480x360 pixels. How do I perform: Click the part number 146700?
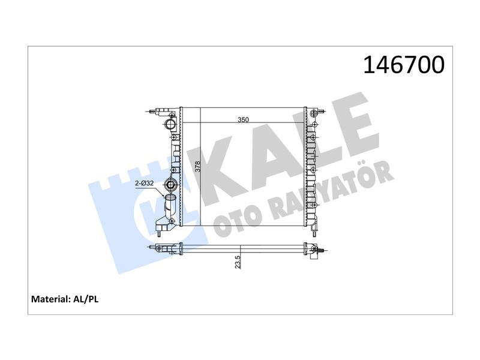(404, 65)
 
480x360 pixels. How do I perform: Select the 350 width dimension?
(244, 119)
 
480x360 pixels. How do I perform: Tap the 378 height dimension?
(198, 167)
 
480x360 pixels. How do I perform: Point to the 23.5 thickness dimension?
(238, 262)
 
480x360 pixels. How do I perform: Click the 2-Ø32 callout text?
(145, 184)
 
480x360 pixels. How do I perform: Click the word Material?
(50, 299)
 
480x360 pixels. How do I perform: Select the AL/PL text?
(86, 299)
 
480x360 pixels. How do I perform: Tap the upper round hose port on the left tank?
(170, 125)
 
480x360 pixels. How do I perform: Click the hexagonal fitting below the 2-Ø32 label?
(170, 185)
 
